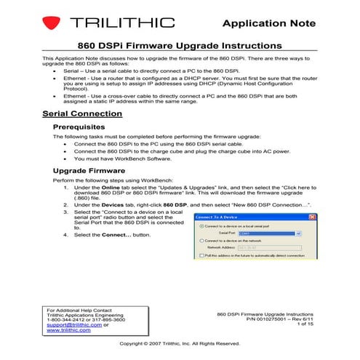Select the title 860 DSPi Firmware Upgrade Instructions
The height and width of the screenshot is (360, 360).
[x=180, y=45]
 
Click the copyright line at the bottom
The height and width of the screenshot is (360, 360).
[x=180, y=343]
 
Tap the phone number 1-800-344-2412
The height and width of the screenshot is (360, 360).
[x=62, y=319]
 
